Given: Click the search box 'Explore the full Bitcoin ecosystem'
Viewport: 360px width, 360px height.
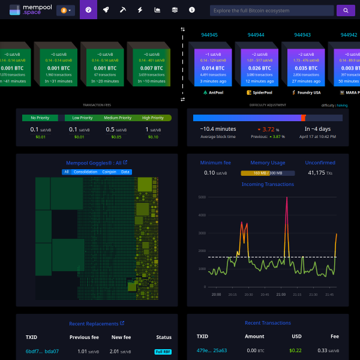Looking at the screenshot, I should (x=272, y=10).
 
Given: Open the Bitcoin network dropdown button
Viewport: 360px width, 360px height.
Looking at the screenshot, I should (x=66, y=10).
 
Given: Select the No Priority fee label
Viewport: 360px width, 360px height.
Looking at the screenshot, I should (x=40, y=118).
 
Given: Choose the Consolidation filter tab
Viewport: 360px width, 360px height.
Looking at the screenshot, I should (x=86, y=172).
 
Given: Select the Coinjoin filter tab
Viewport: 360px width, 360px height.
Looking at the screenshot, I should (x=109, y=172).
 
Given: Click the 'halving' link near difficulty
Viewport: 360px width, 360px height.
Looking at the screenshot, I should (x=342, y=105).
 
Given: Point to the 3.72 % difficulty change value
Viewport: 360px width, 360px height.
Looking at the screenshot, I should (x=267, y=129).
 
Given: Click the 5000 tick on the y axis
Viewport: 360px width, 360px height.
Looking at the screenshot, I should (x=202, y=197).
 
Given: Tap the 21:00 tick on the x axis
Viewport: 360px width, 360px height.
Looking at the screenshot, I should (x=281, y=295).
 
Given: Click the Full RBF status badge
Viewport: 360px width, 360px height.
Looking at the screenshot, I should (x=163, y=351).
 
